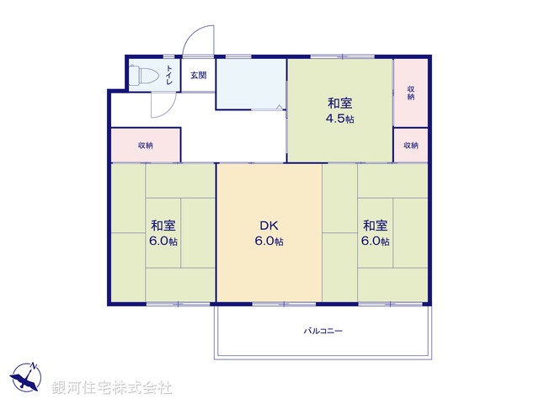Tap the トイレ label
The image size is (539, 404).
click(169, 74)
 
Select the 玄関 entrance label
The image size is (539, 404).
click(198, 75)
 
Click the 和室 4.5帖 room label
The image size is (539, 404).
click(340, 110)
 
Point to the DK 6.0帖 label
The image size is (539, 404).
click(269, 233)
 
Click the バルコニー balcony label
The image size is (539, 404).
click(323, 331)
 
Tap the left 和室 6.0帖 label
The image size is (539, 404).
click(163, 233)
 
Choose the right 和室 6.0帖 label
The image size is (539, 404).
click(376, 233)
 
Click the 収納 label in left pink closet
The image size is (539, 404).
click(146, 146)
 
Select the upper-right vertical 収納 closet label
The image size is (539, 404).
click(411, 92)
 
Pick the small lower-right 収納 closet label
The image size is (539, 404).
click(411, 146)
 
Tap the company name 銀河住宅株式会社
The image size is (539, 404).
click(112, 389)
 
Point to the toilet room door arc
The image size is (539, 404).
click(163, 105)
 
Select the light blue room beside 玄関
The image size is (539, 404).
click(251, 84)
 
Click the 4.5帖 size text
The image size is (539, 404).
click(340, 119)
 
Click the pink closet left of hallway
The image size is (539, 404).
click(145, 145)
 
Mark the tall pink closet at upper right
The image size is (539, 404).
click(411, 92)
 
